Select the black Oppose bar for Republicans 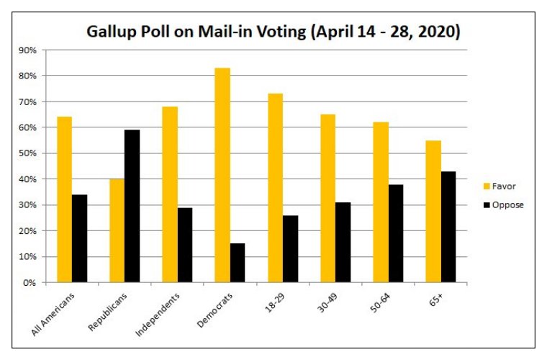click(x=132, y=206)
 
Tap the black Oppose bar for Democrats click(x=238, y=263)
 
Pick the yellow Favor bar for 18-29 click(x=275, y=188)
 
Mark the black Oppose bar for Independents click(x=185, y=245)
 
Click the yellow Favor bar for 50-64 click(x=380, y=202)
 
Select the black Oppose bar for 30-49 click(x=343, y=242)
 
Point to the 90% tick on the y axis click(x=30, y=50)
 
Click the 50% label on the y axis click(x=30, y=153)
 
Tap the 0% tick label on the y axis click(x=32, y=282)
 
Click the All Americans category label click(x=56, y=314)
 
